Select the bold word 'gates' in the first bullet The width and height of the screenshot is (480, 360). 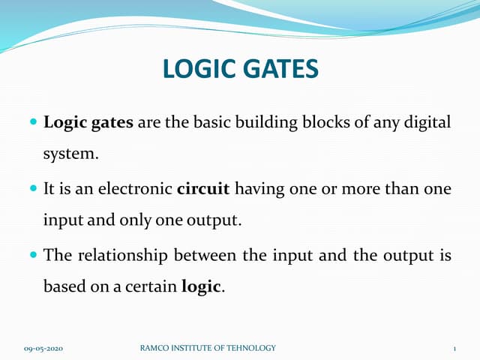click(x=112, y=123)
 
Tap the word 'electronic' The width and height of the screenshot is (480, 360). click(x=137, y=188)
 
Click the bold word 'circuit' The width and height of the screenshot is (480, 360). click(x=203, y=188)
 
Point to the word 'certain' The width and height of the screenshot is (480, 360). click(x=150, y=287)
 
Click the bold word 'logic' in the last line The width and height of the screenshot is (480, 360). click(x=202, y=288)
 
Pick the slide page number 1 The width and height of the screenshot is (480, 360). click(x=455, y=349)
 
